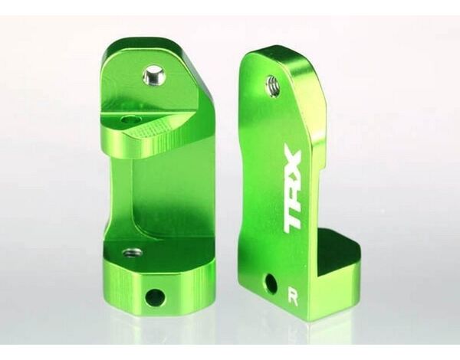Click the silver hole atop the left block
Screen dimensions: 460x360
coord(155,75)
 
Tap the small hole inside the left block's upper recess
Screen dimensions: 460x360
coord(130,119)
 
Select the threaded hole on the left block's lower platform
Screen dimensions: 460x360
coord(132,253)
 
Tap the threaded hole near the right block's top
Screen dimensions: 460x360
coord(273,83)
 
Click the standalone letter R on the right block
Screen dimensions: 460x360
coord(293,299)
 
